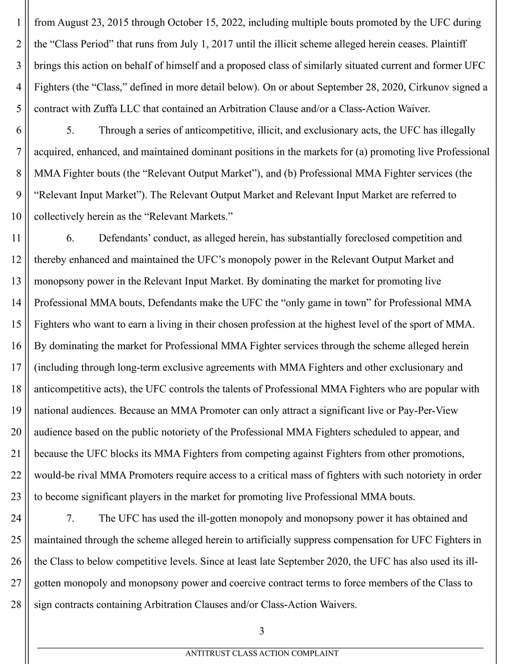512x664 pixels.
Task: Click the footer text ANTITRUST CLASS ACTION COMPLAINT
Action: (262, 653)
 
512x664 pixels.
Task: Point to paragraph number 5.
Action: (70, 130)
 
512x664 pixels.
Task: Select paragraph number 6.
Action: (70, 238)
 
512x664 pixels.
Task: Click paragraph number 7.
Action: (70, 518)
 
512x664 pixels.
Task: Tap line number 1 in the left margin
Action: (19, 24)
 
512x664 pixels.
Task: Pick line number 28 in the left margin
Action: (17, 605)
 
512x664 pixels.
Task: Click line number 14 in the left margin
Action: (17, 303)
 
